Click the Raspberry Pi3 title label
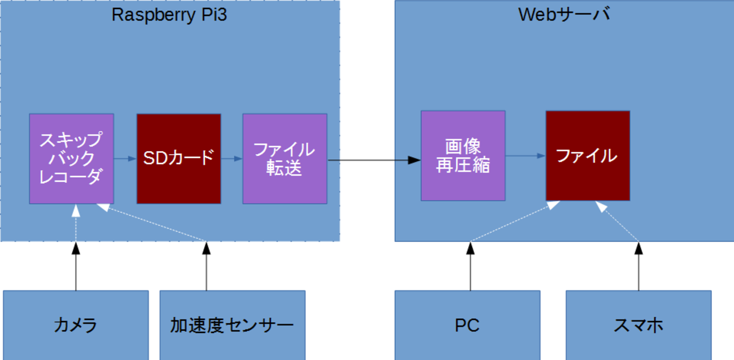click(x=169, y=15)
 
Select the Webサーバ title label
click(x=564, y=15)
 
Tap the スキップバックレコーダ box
click(x=72, y=159)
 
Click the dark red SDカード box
click(x=178, y=159)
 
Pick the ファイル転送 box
click(x=285, y=159)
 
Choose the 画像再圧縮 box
click(x=463, y=156)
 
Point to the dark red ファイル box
click(x=587, y=156)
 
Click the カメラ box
click(x=76, y=325)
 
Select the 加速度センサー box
click(x=232, y=325)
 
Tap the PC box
click(x=467, y=325)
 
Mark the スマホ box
click(x=639, y=325)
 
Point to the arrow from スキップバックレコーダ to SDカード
click(x=125, y=159)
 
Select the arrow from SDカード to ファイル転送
click(x=231, y=159)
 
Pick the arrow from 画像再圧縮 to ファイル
click(x=525, y=156)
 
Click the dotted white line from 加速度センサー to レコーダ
click(x=152, y=223)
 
